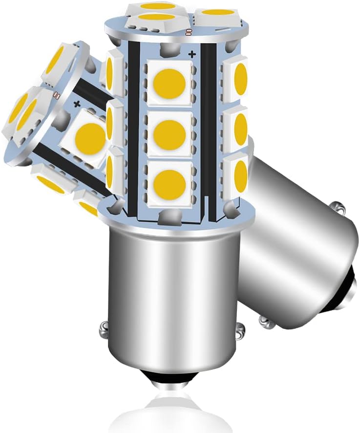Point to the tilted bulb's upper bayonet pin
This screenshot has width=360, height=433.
coord(340,210)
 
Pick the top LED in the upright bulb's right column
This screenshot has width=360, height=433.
coord(237,78)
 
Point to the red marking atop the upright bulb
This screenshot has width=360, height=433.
coord(188,33)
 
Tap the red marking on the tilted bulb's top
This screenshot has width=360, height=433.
coord(56,96)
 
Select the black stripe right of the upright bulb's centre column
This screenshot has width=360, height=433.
coord(208,132)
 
